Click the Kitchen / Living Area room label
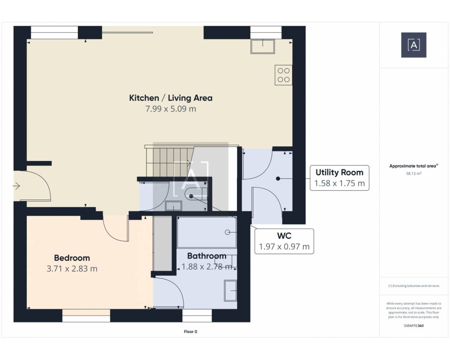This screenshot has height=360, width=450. point(171,98)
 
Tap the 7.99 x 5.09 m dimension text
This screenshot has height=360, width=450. point(171,109)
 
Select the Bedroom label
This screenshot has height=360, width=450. point(72,258)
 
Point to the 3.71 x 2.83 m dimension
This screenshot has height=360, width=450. point(72,269)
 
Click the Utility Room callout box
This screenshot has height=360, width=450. point(339,178)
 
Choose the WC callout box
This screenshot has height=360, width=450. point(284,241)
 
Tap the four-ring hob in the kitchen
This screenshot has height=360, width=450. point(283,75)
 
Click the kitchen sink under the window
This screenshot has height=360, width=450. point(263,46)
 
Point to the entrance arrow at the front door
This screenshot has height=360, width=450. point(16,186)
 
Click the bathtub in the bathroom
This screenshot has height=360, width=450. point(207,232)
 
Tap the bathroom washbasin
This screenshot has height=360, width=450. point(230,291)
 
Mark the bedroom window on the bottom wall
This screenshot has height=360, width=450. point(86,316)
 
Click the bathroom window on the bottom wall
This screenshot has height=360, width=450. point(197,316)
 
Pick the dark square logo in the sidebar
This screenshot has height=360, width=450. point(414,45)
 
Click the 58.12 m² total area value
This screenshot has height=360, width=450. point(414,173)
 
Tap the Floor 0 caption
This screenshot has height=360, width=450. point(190,332)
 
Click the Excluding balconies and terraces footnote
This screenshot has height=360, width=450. point(414,286)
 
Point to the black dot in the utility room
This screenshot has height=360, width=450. point(278,179)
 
